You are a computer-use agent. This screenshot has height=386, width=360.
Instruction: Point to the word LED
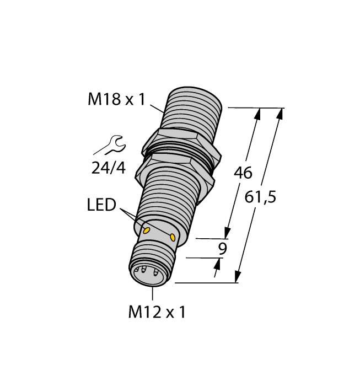(102, 205)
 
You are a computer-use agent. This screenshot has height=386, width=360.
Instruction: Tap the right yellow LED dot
(173, 238)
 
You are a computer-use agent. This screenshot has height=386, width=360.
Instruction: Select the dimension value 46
(243, 173)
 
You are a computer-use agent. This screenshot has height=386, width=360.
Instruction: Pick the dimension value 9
(222, 248)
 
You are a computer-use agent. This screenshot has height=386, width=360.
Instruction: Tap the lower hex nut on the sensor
(171, 166)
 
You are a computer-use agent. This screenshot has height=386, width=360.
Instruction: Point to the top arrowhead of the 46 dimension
(257, 113)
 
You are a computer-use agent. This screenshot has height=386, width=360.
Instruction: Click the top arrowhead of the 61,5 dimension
(280, 113)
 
